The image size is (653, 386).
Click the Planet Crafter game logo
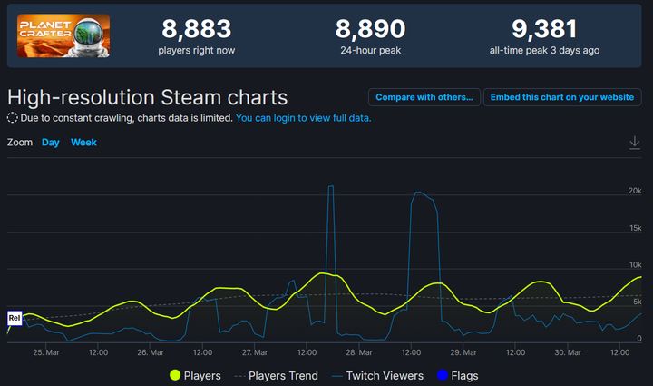pos(63,36)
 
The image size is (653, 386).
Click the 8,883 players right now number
pos(197,29)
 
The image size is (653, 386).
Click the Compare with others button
pos(424,97)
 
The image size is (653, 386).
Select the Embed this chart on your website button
pos(562,97)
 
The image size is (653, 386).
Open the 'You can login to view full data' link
pos(303,118)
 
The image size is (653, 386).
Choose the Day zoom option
pos(51,143)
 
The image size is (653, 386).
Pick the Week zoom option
pos(83,143)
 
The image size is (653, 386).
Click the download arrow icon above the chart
pos(635,143)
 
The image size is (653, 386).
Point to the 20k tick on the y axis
pos(635,190)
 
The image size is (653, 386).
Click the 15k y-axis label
pos(635,227)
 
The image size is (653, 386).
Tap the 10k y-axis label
pos(635,264)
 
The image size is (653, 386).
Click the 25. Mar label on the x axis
pos(46,352)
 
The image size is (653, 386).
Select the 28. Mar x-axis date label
pos(359,352)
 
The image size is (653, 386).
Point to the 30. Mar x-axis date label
pos(568,352)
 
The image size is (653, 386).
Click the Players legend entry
pos(195,375)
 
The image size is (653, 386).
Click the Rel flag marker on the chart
pos(14,318)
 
